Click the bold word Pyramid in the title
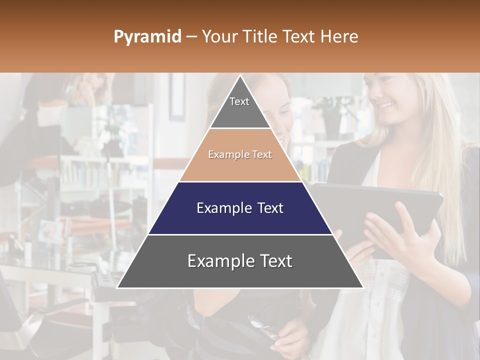pos(147,37)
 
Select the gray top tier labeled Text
pos(240,107)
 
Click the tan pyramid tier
pos(240,155)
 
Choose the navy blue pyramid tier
pos(240,208)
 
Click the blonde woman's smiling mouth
pos(385,105)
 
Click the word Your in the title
pos(219,37)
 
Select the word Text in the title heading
pos(300,37)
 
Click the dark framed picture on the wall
pos(176,97)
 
